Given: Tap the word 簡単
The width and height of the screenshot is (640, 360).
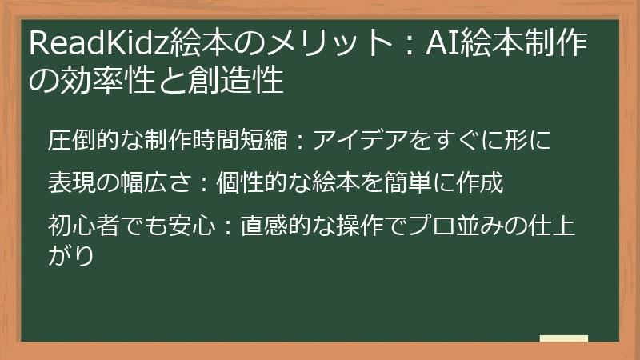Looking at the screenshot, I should tap(412, 183).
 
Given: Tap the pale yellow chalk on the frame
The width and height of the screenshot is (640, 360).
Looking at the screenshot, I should tap(563, 339).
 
